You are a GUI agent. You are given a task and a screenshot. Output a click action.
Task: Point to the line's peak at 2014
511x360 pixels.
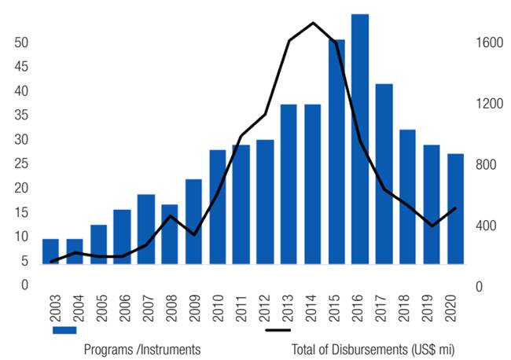point(314,23)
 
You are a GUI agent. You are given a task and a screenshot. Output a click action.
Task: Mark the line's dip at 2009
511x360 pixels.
point(194,235)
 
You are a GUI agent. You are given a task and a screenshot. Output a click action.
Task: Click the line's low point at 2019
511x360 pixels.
point(432,226)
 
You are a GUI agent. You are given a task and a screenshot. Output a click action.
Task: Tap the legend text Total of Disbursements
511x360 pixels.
point(373,348)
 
